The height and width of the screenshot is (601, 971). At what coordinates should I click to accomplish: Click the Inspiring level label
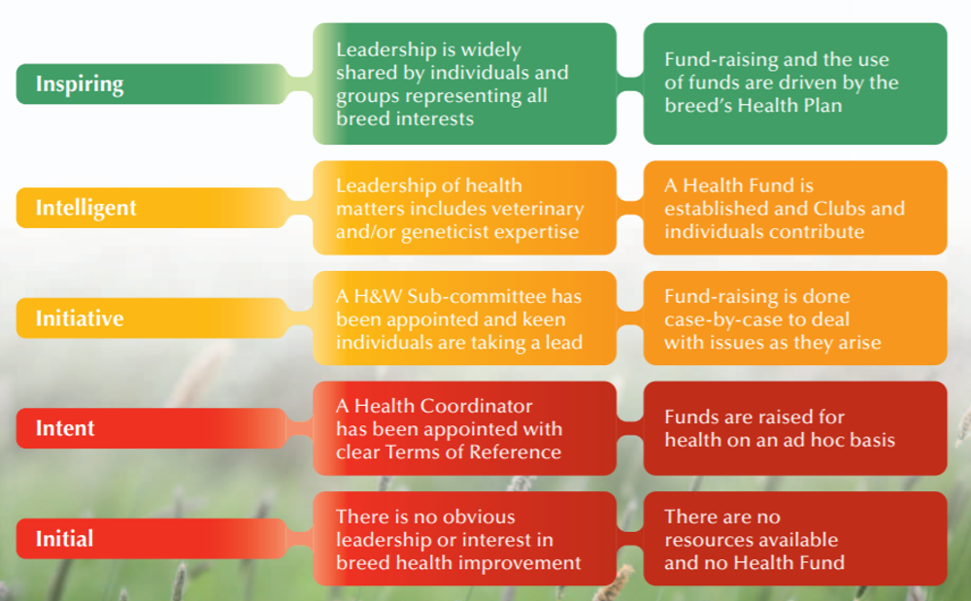click(80, 84)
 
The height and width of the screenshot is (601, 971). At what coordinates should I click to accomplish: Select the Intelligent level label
click(86, 208)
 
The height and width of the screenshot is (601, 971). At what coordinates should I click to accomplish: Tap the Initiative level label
click(80, 318)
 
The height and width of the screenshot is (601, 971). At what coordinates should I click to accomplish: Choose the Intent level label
click(65, 428)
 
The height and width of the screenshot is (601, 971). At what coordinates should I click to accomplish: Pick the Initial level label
click(64, 539)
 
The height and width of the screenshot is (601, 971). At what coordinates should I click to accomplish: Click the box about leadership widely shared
click(464, 84)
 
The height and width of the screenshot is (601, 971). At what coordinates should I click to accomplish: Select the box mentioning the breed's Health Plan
click(794, 84)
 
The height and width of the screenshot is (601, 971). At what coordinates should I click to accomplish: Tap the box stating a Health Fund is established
click(794, 208)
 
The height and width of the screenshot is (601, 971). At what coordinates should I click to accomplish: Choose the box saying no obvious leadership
click(464, 539)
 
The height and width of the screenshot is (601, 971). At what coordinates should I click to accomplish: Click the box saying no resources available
click(794, 539)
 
